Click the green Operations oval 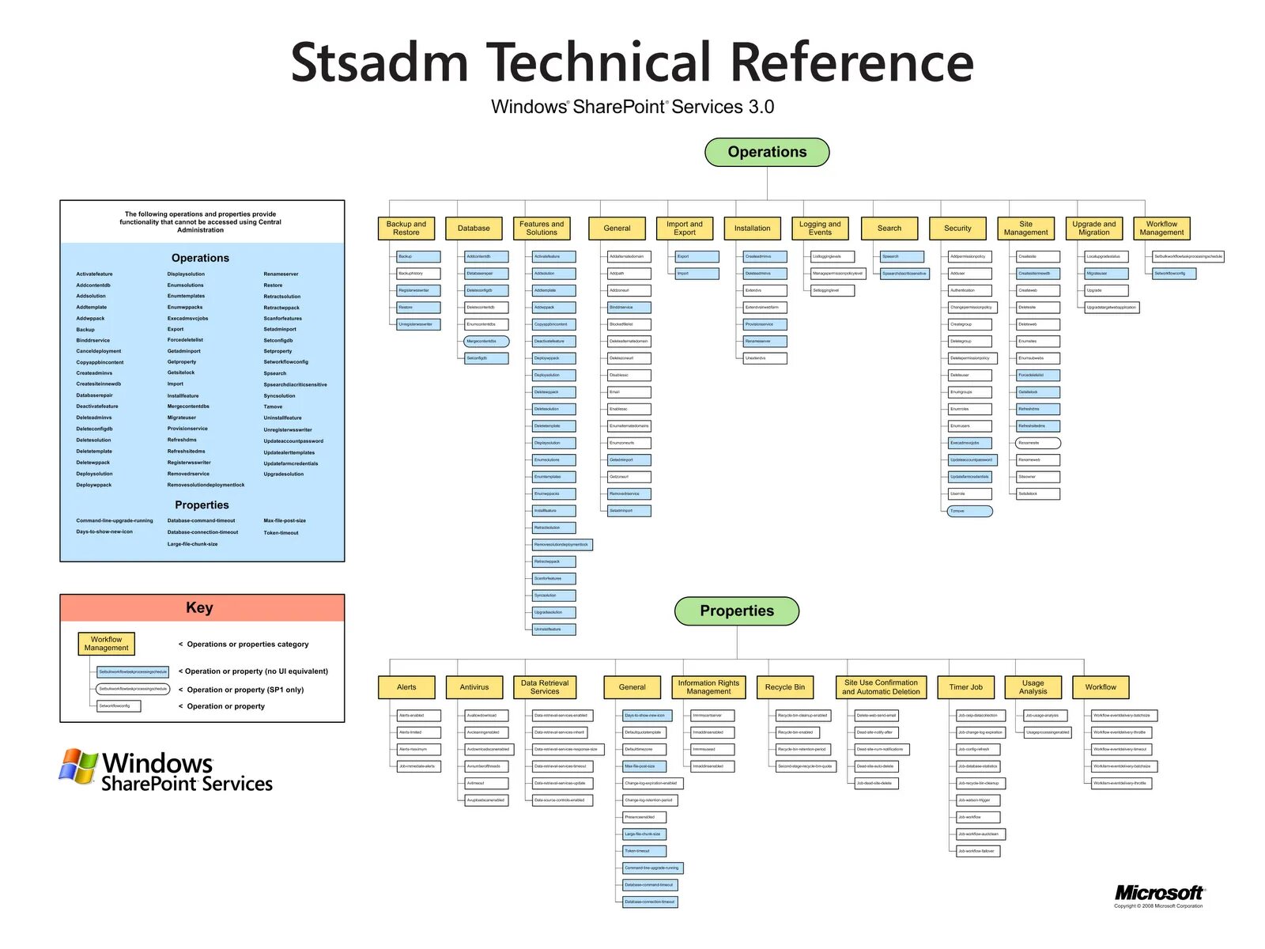point(767,152)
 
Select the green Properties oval point(737,611)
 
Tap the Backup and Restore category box point(406,229)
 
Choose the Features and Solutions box point(542,229)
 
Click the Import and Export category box point(685,229)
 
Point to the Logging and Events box point(820,229)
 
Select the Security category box point(957,229)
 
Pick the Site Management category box point(1025,229)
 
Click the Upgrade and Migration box point(1093,229)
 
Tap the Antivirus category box point(474,687)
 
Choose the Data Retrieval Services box point(545,687)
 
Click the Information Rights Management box point(708,687)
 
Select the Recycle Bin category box point(785,687)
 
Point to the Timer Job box point(966,687)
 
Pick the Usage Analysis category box point(1033,687)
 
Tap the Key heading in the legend point(199,607)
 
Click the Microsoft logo point(1159,893)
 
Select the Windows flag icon point(78,766)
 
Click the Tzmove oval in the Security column point(969,511)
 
